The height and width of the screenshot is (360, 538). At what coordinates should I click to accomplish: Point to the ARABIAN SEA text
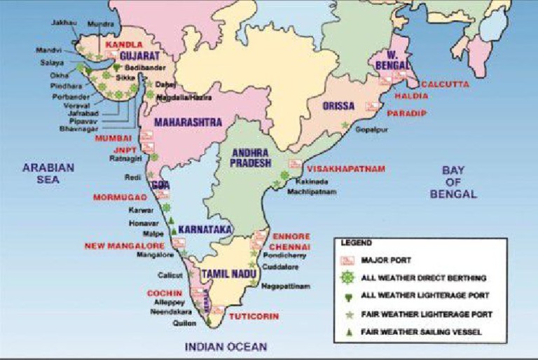tap(48, 173)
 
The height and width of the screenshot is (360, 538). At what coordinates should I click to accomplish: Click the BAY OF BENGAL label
tap(459, 182)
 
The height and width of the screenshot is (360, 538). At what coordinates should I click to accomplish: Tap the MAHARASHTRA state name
tap(188, 122)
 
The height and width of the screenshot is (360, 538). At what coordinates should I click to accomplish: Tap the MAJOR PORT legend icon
tap(351, 260)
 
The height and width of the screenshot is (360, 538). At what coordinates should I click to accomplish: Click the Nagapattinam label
tap(285, 286)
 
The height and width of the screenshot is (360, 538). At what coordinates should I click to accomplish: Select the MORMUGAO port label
tap(120, 198)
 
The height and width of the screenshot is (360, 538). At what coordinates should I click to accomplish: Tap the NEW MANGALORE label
tap(124, 246)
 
